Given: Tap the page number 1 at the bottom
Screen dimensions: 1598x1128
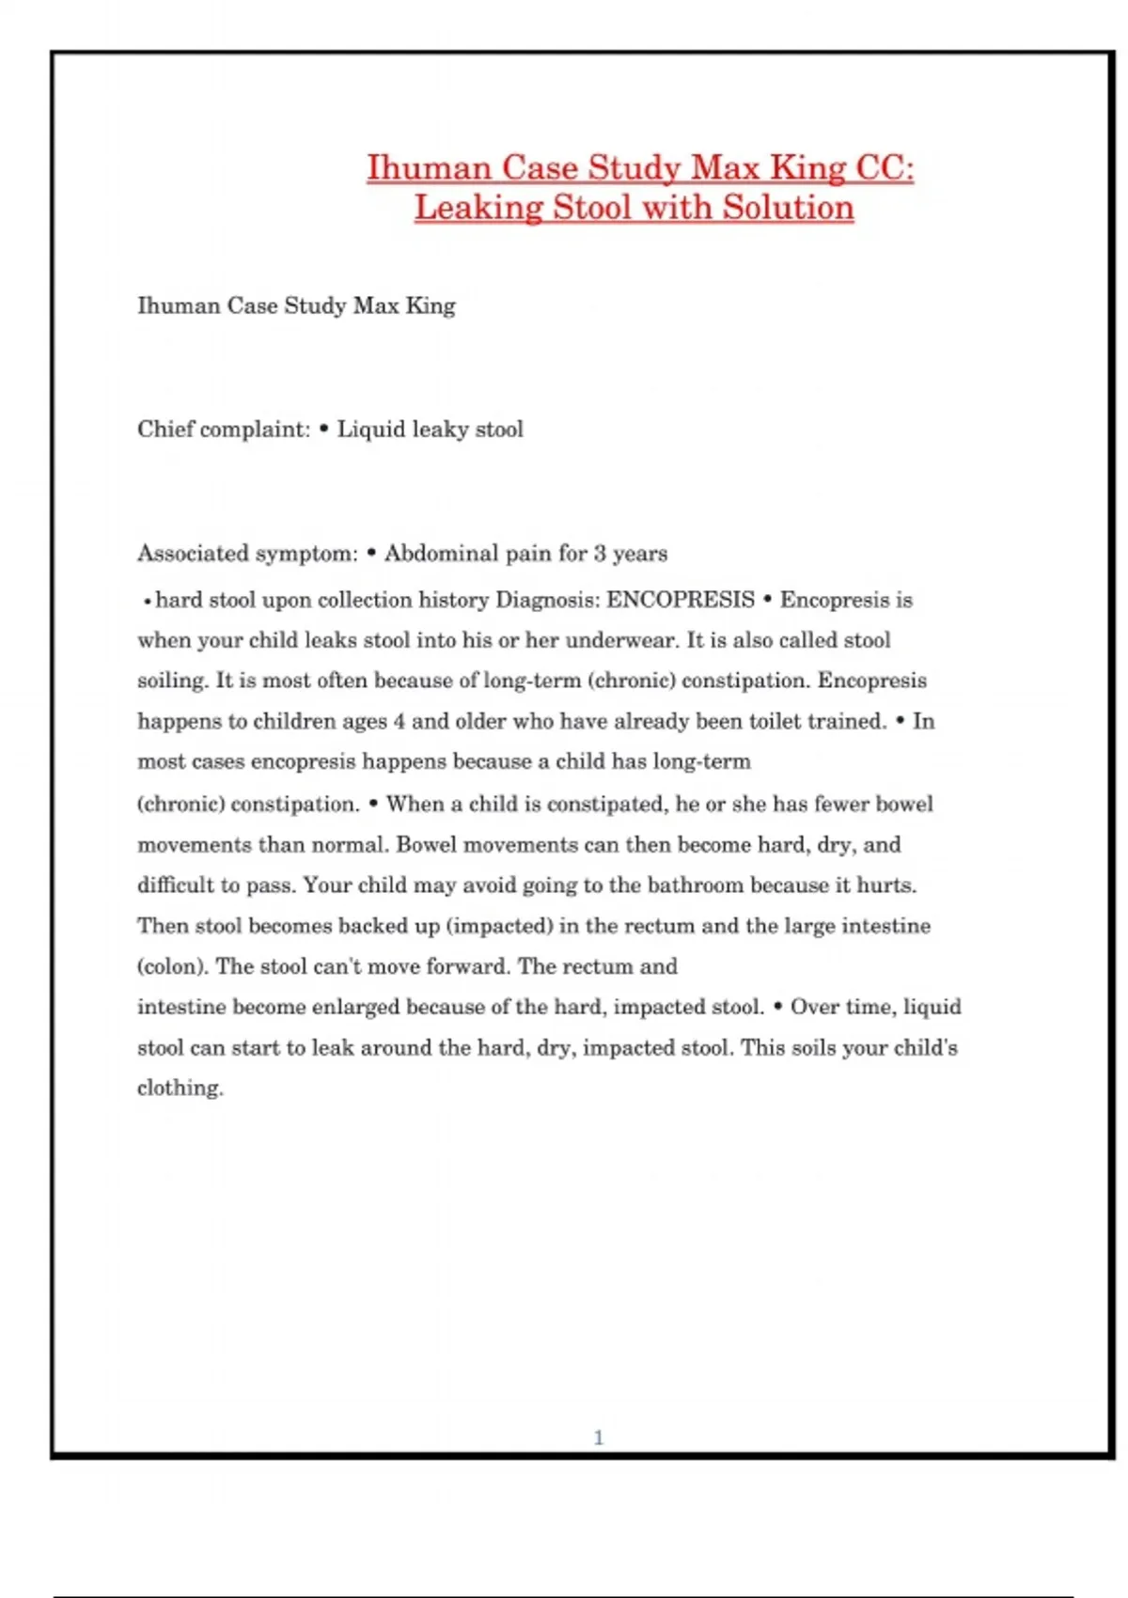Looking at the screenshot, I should click(x=599, y=1437).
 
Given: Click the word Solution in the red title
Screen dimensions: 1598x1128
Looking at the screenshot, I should click(x=788, y=208).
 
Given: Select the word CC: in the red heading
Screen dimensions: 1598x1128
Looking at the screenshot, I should click(x=884, y=168).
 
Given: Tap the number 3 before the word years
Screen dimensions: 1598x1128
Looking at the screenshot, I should click(x=600, y=554).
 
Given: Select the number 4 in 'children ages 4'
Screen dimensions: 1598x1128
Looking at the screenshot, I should click(x=399, y=722).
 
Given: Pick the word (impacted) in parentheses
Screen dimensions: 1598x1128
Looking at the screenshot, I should click(x=499, y=926).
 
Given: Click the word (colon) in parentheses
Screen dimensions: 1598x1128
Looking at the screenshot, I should click(x=172, y=966).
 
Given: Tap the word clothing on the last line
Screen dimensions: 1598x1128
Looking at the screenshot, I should click(x=180, y=1089).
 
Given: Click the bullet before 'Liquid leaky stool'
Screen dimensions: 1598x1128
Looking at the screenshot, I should click(x=324, y=430).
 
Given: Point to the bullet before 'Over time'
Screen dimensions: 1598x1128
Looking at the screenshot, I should click(x=777, y=1008).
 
